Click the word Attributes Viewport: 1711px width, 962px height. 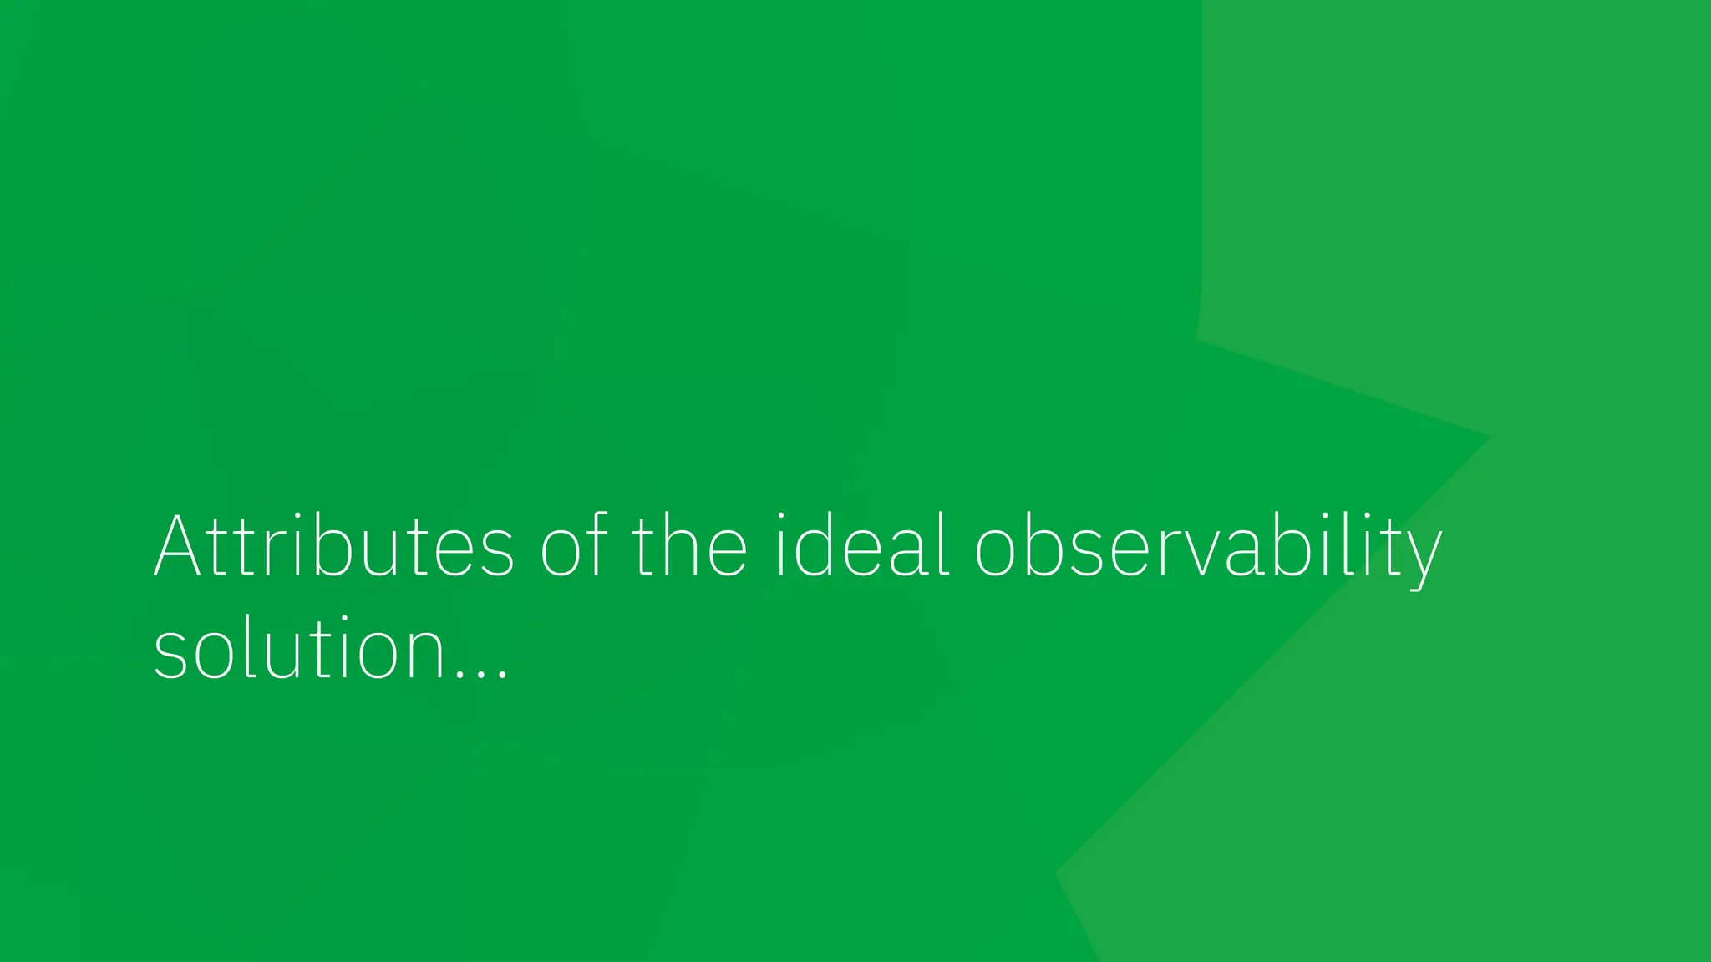point(333,547)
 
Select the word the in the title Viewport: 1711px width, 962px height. point(689,547)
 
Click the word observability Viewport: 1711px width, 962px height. point(1208,547)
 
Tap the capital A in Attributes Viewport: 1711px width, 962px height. point(177,547)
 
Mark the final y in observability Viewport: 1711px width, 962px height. point(1421,555)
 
